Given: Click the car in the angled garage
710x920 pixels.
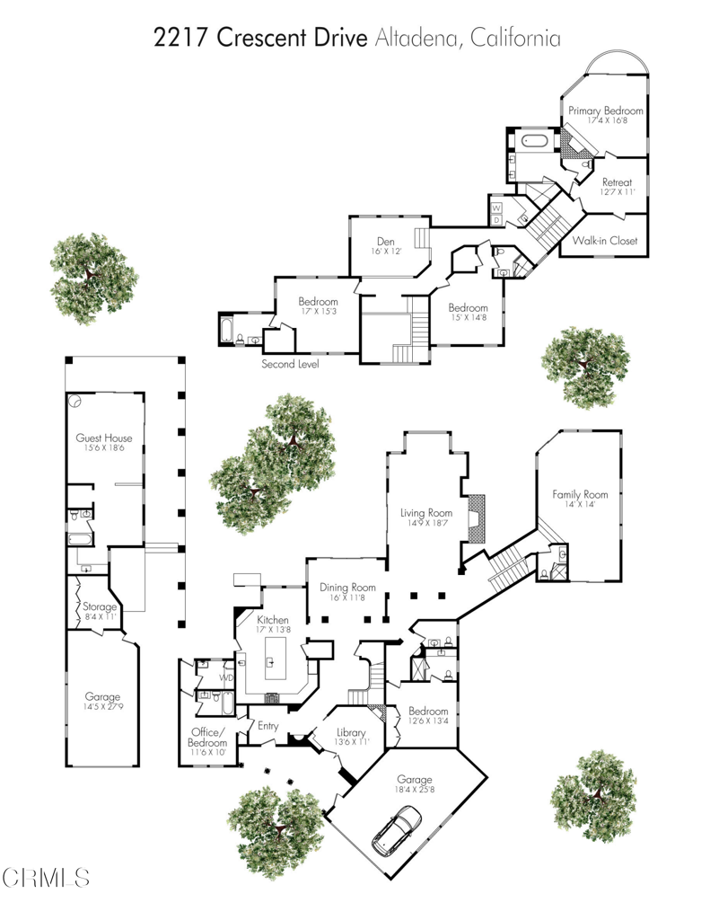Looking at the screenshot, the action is click(397, 829).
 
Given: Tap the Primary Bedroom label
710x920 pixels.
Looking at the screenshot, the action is click(606, 111).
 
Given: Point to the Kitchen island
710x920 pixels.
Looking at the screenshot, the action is click(275, 658).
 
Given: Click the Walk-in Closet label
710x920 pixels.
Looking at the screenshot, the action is click(604, 240).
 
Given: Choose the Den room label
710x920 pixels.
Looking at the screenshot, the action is click(386, 241).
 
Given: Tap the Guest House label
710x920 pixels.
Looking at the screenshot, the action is click(104, 438).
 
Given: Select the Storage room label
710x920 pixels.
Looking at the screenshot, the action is click(99, 606).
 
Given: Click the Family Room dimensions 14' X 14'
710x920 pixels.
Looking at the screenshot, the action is click(580, 504).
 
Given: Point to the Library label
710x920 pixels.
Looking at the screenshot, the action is click(351, 732).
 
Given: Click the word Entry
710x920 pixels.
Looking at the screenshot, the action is click(268, 726).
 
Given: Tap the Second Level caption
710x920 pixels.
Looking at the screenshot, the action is click(290, 364).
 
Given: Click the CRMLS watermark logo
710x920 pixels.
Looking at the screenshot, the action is click(45, 878).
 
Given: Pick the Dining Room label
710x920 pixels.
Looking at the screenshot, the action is click(347, 588).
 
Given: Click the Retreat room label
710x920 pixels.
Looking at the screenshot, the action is click(617, 182).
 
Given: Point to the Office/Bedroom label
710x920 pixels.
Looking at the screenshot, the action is click(207, 738).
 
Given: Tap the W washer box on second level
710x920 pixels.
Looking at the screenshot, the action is click(496, 208).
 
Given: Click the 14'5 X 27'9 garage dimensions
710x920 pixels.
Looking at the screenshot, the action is click(103, 706).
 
